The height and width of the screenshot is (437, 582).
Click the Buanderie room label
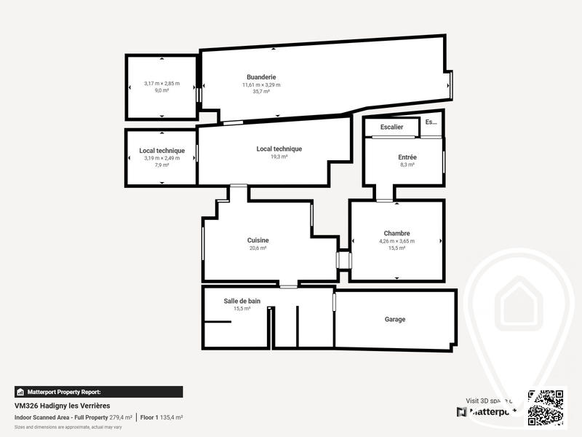pyautogui.click(x=261, y=77)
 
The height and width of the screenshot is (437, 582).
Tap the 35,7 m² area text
pyautogui.click(x=261, y=92)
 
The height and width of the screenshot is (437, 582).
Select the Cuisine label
pyautogui.click(x=258, y=240)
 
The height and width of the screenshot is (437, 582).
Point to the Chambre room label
pyautogui.click(x=396, y=234)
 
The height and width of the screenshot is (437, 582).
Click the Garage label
pyautogui.click(x=395, y=319)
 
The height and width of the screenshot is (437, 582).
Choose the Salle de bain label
pyautogui.click(x=242, y=301)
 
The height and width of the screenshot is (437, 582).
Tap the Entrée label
pyautogui.click(x=407, y=157)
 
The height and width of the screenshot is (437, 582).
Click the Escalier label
pyautogui.click(x=391, y=127)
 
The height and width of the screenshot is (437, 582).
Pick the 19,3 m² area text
pyautogui.click(x=279, y=157)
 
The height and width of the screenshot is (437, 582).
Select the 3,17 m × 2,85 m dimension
pyautogui.click(x=162, y=84)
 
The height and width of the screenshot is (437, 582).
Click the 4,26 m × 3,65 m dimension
pyautogui.click(x=396, y=241)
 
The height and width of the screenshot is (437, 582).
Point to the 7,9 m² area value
pyautogui.click(x=162, y=165)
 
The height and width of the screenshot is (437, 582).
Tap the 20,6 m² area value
pyautogui.click(x=258, y=248)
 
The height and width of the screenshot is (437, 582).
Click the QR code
pyautogui.click(x=546, y=407)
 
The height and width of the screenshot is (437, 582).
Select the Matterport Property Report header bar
pyautogui.click(x=98, y=392)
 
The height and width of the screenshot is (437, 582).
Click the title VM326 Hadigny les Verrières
pyautogui.click(x=63, y=406)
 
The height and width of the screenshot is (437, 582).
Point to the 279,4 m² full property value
pyautogui.click(x=121, y=417)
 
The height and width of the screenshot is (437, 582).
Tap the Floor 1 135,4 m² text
pyautogui.click(x=162, y=417)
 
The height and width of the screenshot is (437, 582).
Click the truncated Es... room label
pyautogui.click(x=432, y=122)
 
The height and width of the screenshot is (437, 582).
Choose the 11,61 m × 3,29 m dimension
pyautogui.click(x=261, y=84)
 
